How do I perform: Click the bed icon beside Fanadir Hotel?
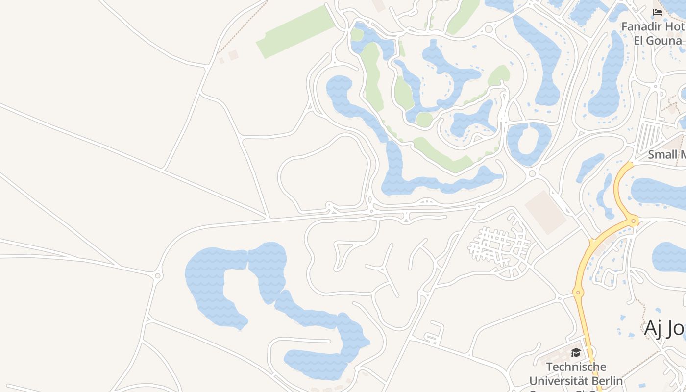[x=658, y=12]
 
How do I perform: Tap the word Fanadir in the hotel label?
[x=642, y=26]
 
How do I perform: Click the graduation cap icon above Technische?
[x=576, y=353]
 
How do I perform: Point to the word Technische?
[x=576, y=367]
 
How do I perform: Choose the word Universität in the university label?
[x=554, y=381]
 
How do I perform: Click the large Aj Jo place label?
[x=664, y=328]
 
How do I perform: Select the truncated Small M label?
[x=666, y=155]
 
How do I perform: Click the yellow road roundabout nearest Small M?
[x=634, y=221]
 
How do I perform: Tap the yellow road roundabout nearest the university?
[x=578, y=293]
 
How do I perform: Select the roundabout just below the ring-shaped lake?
[x=533, y=173]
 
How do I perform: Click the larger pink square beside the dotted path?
[x=233, y=55]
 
